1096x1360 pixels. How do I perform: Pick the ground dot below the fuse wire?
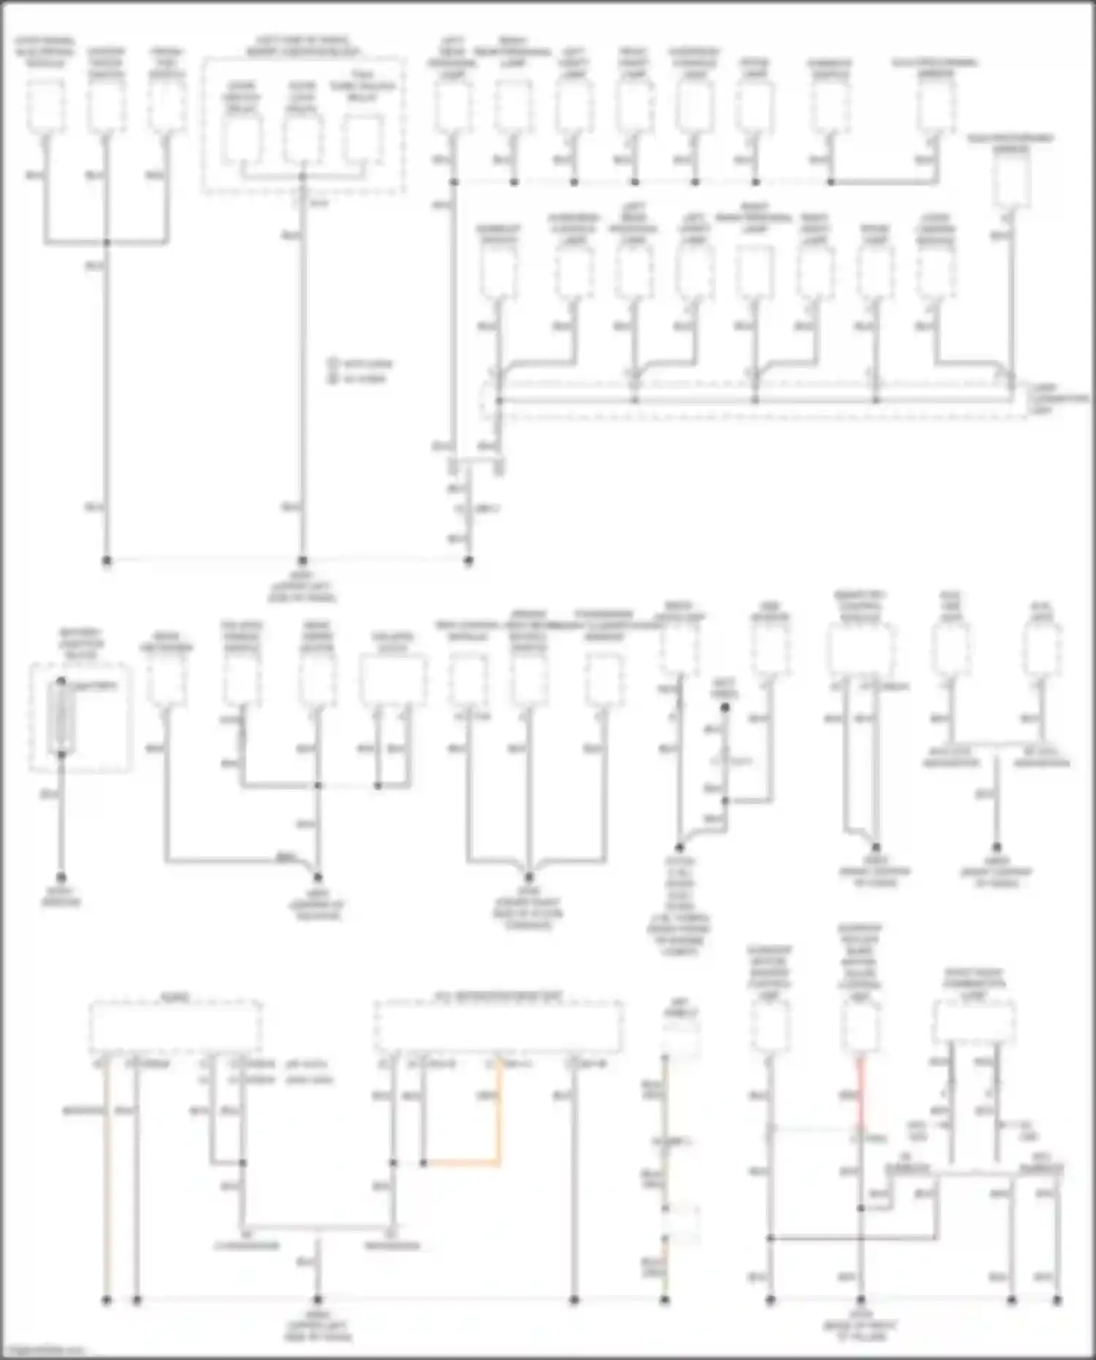pos(61,877)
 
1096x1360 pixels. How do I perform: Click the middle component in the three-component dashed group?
pos(302,138)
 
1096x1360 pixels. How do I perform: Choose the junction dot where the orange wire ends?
pos(424,1163)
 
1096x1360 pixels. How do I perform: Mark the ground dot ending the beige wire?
pos(107,1300)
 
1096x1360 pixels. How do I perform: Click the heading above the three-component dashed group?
pos(302,46)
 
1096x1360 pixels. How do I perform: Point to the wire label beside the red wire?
pos(848,1095)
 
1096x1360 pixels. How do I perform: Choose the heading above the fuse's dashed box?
pos(80,643)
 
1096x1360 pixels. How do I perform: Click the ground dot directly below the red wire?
pos(861,1300)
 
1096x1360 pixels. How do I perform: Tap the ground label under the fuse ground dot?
pos(61,897)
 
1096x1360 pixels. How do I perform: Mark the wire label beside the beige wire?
pos(83,1111)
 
